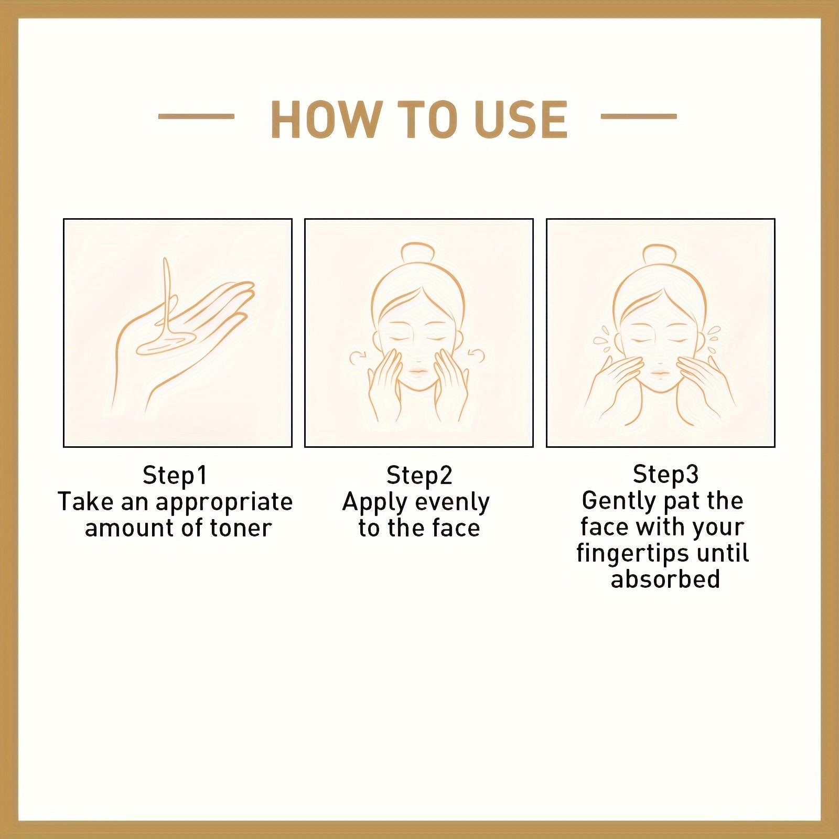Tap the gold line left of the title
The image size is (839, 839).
click(x=196, y=116)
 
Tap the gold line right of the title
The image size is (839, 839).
click(x=638, y=116)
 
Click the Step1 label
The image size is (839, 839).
click(x=175, y=475)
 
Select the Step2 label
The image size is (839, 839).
click(x=418, y=475)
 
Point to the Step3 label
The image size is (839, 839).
click(x=665, y=474)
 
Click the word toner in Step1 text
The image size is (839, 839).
click(x=240, y=528)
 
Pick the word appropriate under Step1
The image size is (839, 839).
click(x=224, y=502)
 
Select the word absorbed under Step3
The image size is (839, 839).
click(x=665, y=579)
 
